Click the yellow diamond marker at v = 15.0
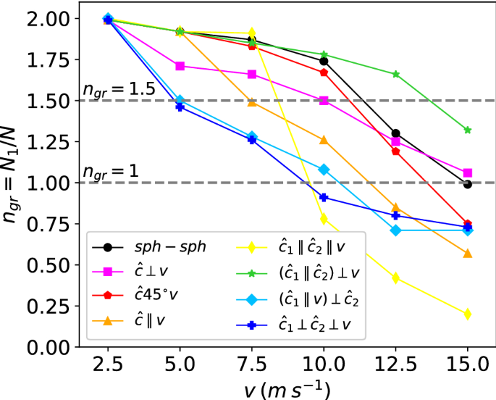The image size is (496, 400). click(468, 314)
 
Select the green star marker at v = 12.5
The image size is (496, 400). click(396, 74)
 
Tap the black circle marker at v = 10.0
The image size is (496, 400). click(324, 62)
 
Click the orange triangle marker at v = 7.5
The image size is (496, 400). click(252, 102)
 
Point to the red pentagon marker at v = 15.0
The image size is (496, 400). click(468, 224)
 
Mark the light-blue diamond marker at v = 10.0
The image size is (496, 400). click(324, 169)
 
